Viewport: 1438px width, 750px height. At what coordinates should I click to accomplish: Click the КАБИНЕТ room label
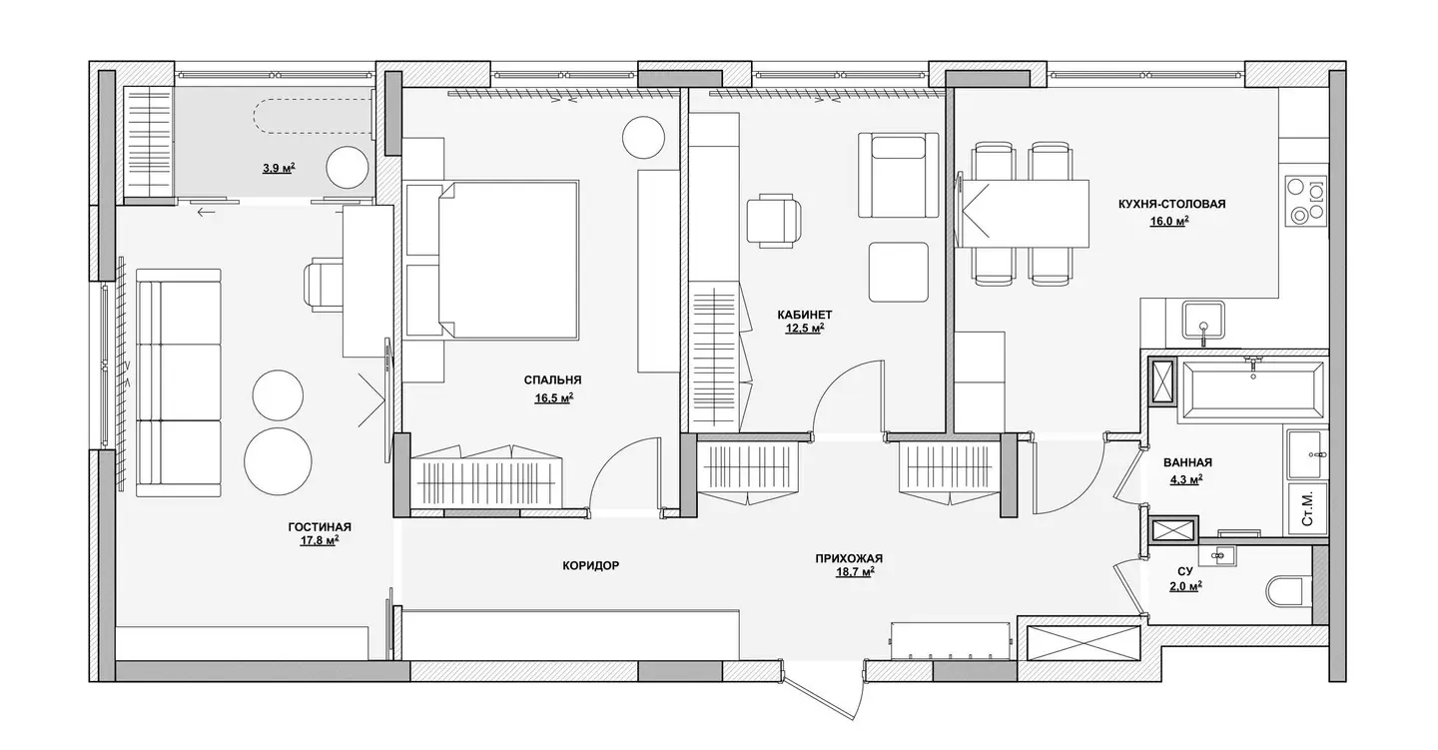point(805,315)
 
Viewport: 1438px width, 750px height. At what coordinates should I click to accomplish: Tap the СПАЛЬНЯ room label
point(553,380)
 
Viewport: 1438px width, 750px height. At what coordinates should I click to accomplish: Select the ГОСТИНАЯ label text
point(320,527)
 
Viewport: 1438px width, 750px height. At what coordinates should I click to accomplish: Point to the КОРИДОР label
point(590,565)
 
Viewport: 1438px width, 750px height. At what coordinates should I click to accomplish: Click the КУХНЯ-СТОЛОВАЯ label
point(1171,204)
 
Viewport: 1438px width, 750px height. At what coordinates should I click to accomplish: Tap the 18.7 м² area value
point(855,572)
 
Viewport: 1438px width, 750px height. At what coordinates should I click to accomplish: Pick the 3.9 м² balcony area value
point(279,168)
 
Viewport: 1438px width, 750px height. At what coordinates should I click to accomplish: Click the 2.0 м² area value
point(1185,585)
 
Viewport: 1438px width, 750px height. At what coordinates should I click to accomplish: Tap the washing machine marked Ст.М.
point(1307,509)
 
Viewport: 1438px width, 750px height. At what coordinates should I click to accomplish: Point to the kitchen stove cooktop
point(1306,201)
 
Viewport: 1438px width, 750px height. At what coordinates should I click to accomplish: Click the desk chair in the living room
point(323,284)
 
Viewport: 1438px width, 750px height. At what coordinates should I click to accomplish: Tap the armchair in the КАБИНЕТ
point(898,176)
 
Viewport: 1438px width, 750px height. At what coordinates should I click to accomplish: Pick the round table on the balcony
point(348,168)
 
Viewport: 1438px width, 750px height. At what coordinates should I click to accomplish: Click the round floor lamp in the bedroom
point(643,137)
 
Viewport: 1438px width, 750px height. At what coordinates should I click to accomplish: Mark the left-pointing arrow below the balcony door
point(206,212)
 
